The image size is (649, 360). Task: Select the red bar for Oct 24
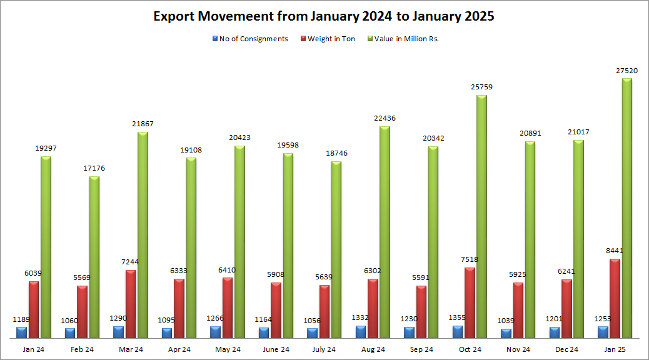coord(470,303)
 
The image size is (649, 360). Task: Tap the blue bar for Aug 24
coord(361,332)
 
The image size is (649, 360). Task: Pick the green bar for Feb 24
coord(94,257)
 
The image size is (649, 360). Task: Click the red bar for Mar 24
coord(131,304)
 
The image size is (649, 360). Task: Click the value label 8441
coord(615,251)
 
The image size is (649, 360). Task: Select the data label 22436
coord(385,118)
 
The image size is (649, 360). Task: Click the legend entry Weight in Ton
coord(331,39)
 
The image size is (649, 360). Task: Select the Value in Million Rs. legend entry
coord(406,39)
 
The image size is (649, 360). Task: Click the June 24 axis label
coord(276,349)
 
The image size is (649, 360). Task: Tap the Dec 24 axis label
coord(566,349)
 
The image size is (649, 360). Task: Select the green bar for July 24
coord(336,250)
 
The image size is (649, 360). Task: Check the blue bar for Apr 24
coord(167,333)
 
